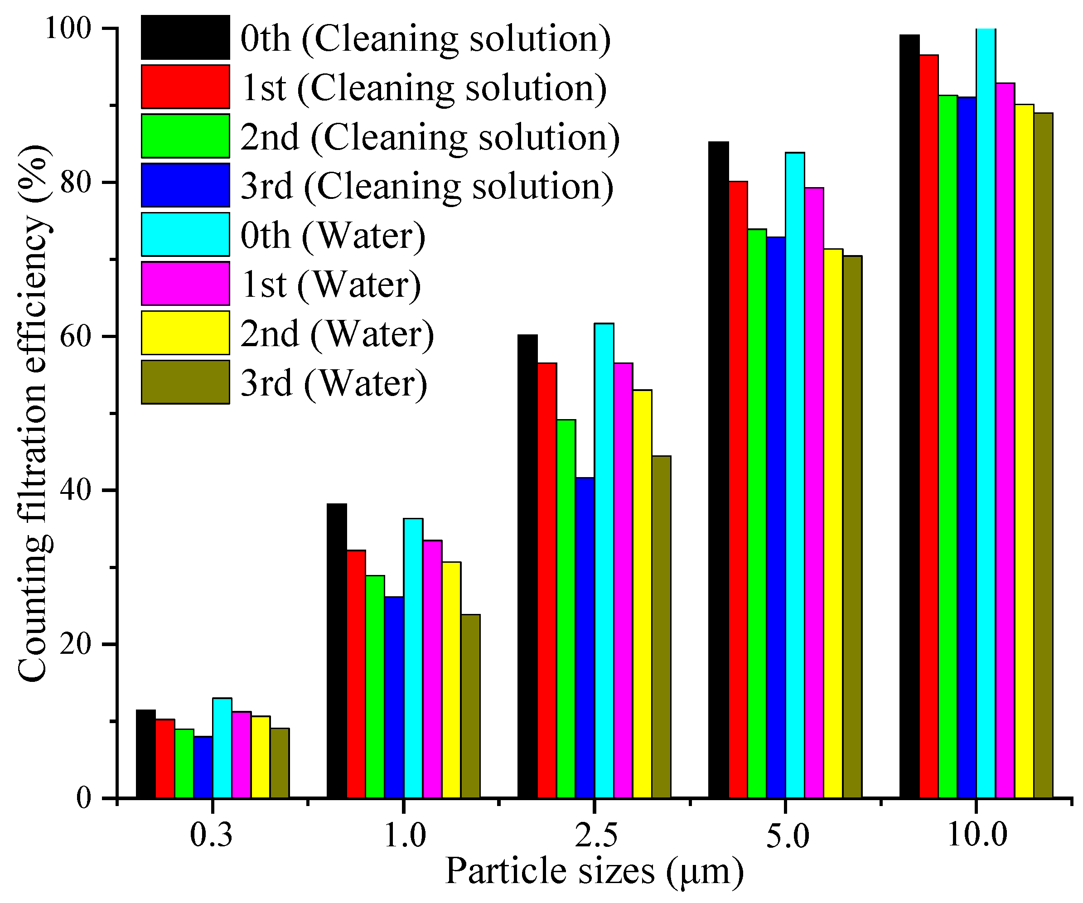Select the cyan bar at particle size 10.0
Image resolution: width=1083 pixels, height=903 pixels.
coord(986,413)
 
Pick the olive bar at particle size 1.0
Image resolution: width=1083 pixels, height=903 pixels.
coord(470,706)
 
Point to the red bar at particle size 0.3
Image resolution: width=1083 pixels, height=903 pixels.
coord(165,758)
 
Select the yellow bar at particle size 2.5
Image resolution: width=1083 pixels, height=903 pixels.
coord(642,594)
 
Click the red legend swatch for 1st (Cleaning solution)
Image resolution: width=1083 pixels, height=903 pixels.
coord(185,87)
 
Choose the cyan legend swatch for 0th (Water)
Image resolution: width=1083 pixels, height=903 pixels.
coord(185,234)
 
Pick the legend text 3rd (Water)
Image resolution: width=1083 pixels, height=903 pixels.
coord(334,384)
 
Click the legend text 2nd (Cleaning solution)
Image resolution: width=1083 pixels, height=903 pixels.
coord(430,137)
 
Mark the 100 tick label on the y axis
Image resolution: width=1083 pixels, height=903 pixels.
coord(68,29)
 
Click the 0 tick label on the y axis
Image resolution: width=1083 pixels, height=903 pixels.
coord(83,798)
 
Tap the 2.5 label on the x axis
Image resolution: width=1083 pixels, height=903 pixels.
coord(595,836)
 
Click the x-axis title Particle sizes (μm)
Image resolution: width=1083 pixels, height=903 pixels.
coord(594,872)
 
